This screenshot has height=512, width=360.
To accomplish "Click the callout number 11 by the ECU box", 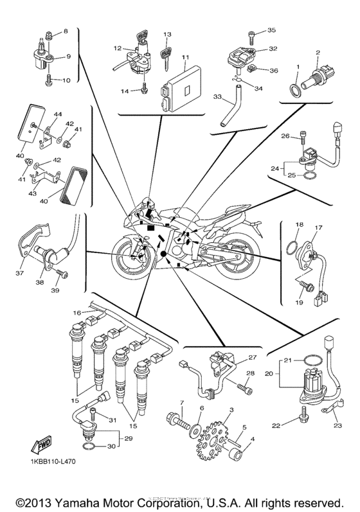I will pos(184,58).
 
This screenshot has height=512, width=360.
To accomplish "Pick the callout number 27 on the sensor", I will pos(252,358).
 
